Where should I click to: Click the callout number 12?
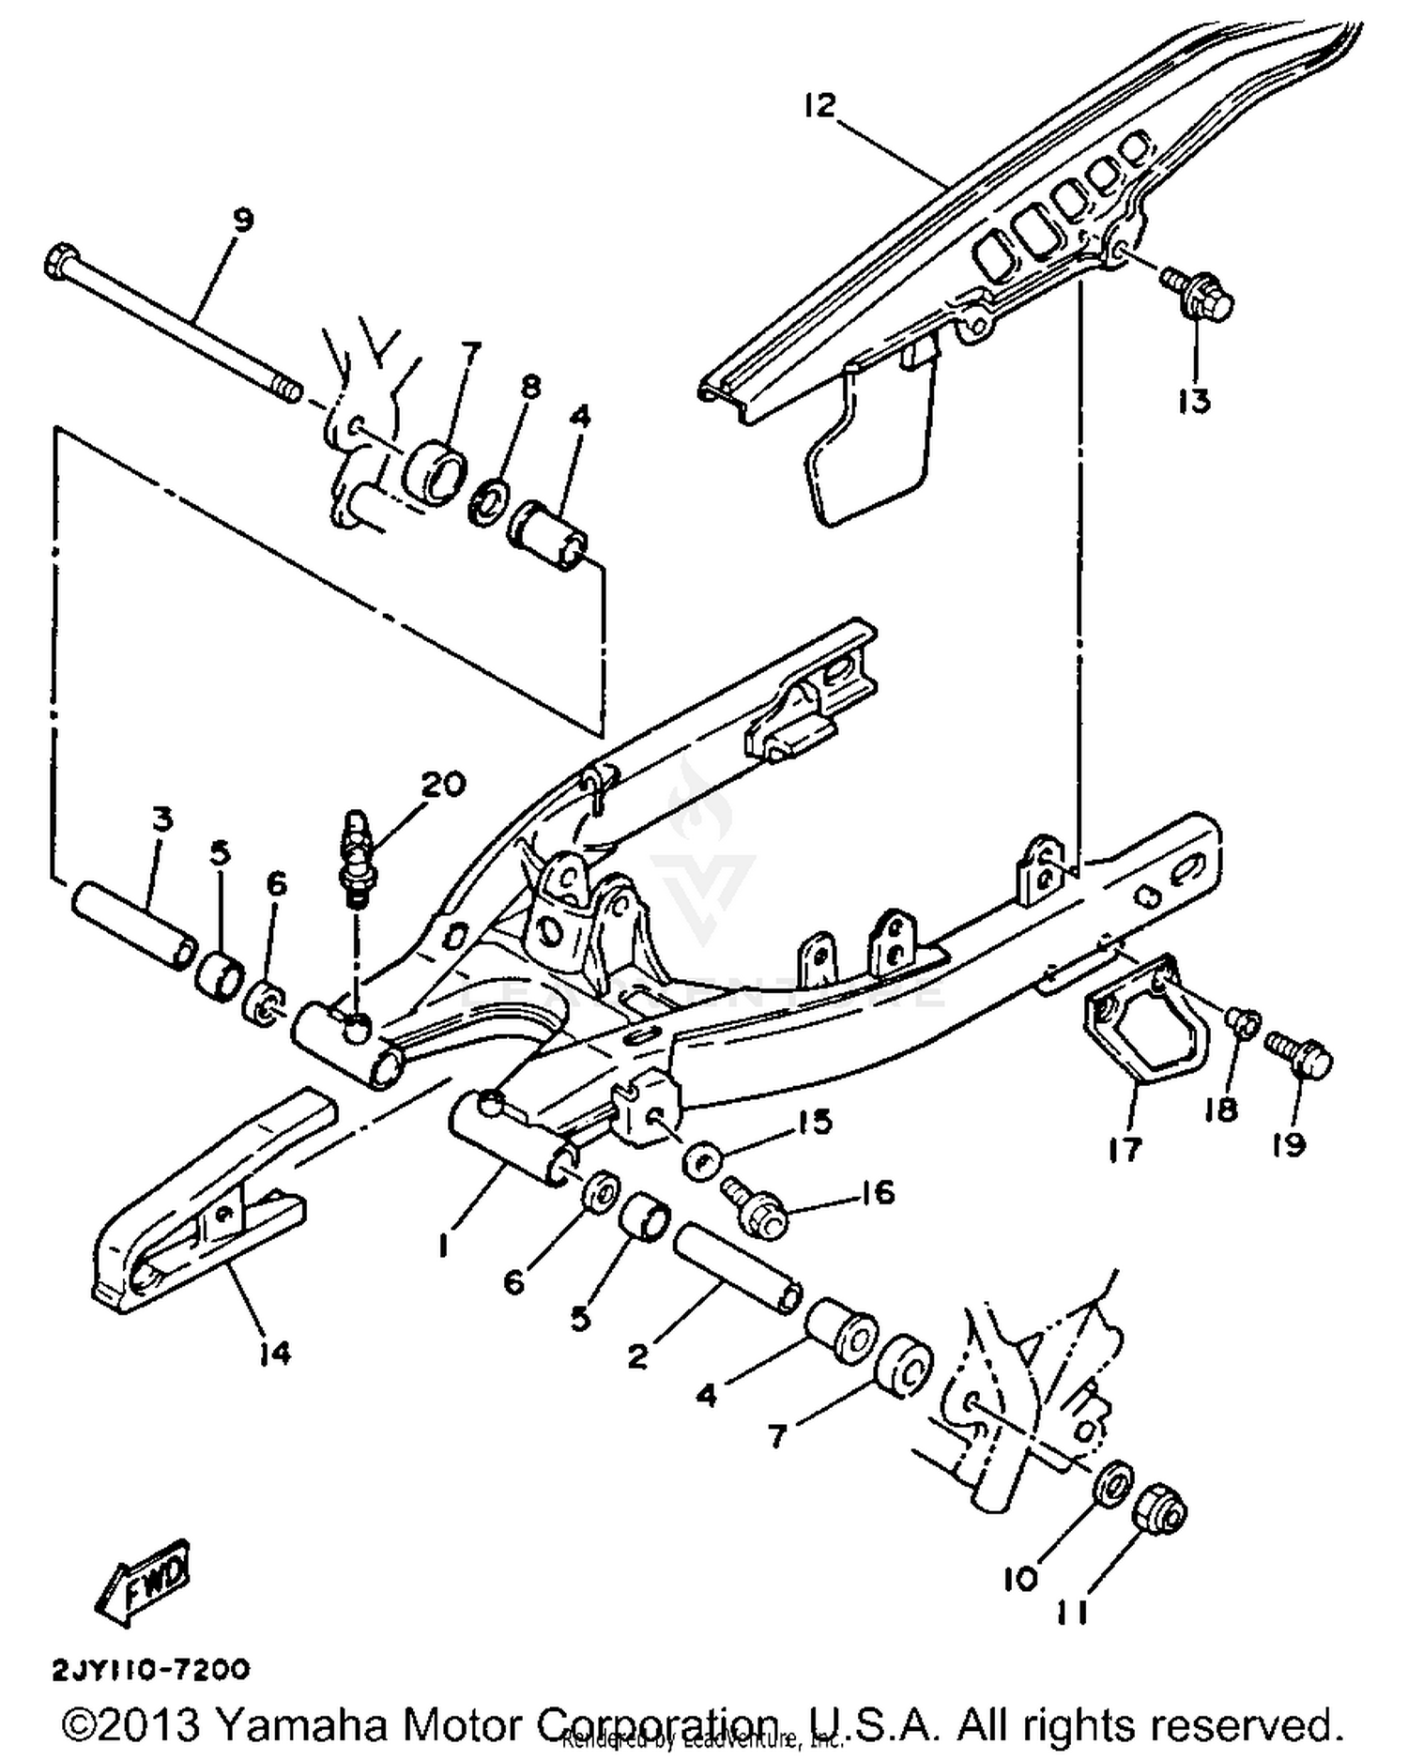819,105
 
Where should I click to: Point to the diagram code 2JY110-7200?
151,1670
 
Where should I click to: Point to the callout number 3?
161,819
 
